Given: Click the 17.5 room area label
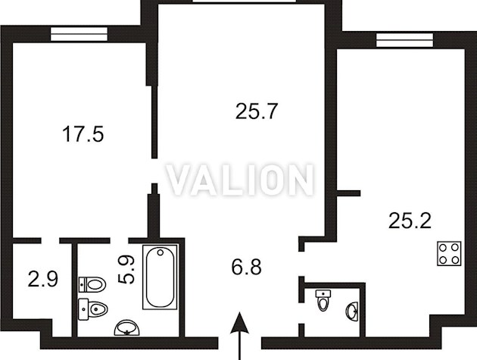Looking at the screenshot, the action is tap(83, 134).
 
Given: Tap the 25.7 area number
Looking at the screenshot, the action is tap(257, 111).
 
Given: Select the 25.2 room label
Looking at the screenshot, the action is tap(410, 221).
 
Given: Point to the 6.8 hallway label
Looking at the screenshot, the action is tap(246, 267).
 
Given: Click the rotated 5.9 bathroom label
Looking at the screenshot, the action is tap(126, 270).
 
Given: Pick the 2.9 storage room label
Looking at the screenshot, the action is tap(42, 280).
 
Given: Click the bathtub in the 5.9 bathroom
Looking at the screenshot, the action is tap(160, 277).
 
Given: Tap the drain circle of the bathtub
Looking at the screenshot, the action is tap(161, 252).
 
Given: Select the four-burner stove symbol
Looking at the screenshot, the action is tap(449, 254).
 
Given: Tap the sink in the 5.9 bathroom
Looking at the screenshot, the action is tap(127, 327).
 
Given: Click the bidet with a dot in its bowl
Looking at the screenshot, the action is tap(93, 309).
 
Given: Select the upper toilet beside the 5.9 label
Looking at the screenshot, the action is tap(92, 284).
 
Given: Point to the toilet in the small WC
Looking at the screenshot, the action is tap(323, 300).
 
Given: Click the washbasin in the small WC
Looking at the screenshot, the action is tap(352, 311).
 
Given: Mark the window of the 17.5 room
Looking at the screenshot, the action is tap(79, 34).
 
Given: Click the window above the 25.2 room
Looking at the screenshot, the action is tap(404, 40).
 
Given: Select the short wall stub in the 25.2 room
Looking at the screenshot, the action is tap(348, 193).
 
